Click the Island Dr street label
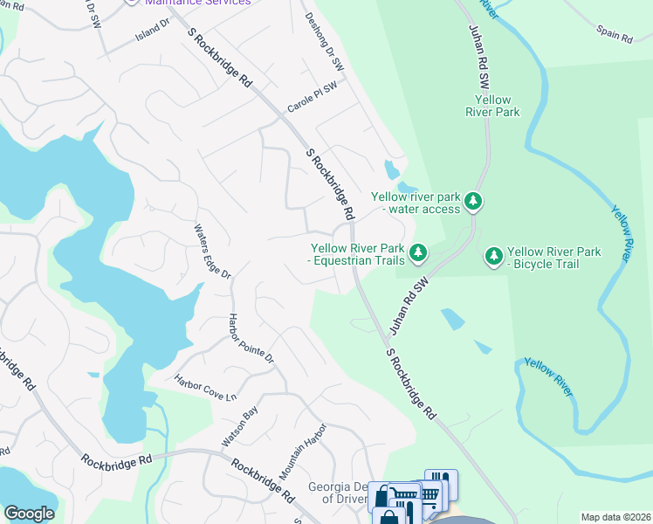(152, 29)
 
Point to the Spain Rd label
(615, 34)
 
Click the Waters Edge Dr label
(212, 252)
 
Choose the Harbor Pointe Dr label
(251, 339)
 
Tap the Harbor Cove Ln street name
(206, 389)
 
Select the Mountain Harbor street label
(303, 452)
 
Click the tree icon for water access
(473, 202)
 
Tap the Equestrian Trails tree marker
(419, 253)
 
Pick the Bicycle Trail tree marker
(494, 257)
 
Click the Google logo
(30, 514)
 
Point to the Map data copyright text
(616, 517)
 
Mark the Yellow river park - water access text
(415, 203)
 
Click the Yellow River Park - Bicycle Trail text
(554, 258)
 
